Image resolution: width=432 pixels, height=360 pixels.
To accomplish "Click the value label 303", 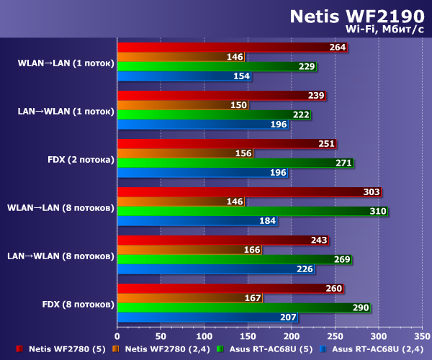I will coord(372,192).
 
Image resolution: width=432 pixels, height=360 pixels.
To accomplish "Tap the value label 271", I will coord(343,163).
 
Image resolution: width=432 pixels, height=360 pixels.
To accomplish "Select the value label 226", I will coord(304,269).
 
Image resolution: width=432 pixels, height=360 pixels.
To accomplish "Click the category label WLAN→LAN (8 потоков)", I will coord(60,207).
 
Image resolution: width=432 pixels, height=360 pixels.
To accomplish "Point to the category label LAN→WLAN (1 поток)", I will coord(66,111).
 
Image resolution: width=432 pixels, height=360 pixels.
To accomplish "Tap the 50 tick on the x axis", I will coord(161,336).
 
